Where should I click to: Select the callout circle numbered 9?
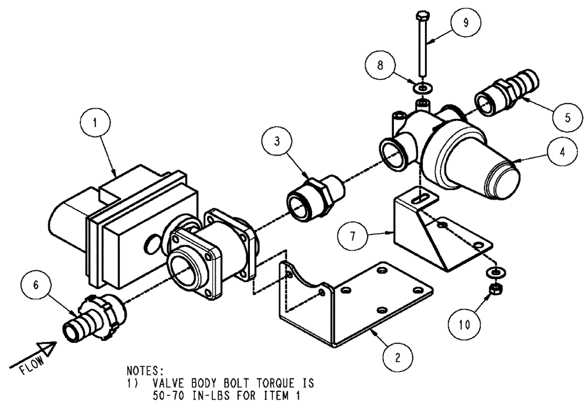click(465, 23)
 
